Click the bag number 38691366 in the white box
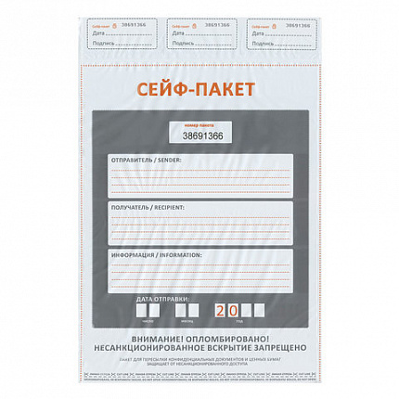(x=201, y=136)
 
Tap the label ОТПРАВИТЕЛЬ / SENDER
(x=147, y=160)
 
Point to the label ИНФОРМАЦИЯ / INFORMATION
(x=154, y=252)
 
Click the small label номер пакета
(x=199, y=124)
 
